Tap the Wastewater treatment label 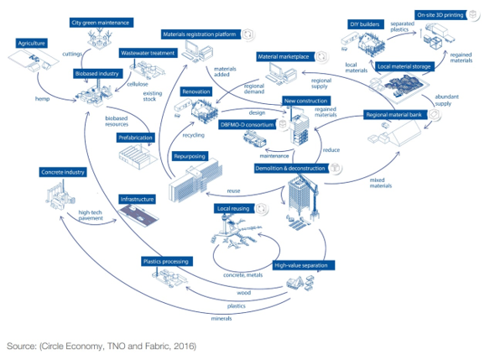148,51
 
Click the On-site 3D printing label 441,14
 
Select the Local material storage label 404,65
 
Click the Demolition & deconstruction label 290,169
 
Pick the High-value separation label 305,265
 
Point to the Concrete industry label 63,172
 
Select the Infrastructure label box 137,200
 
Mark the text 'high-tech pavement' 96,216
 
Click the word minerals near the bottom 222,319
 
